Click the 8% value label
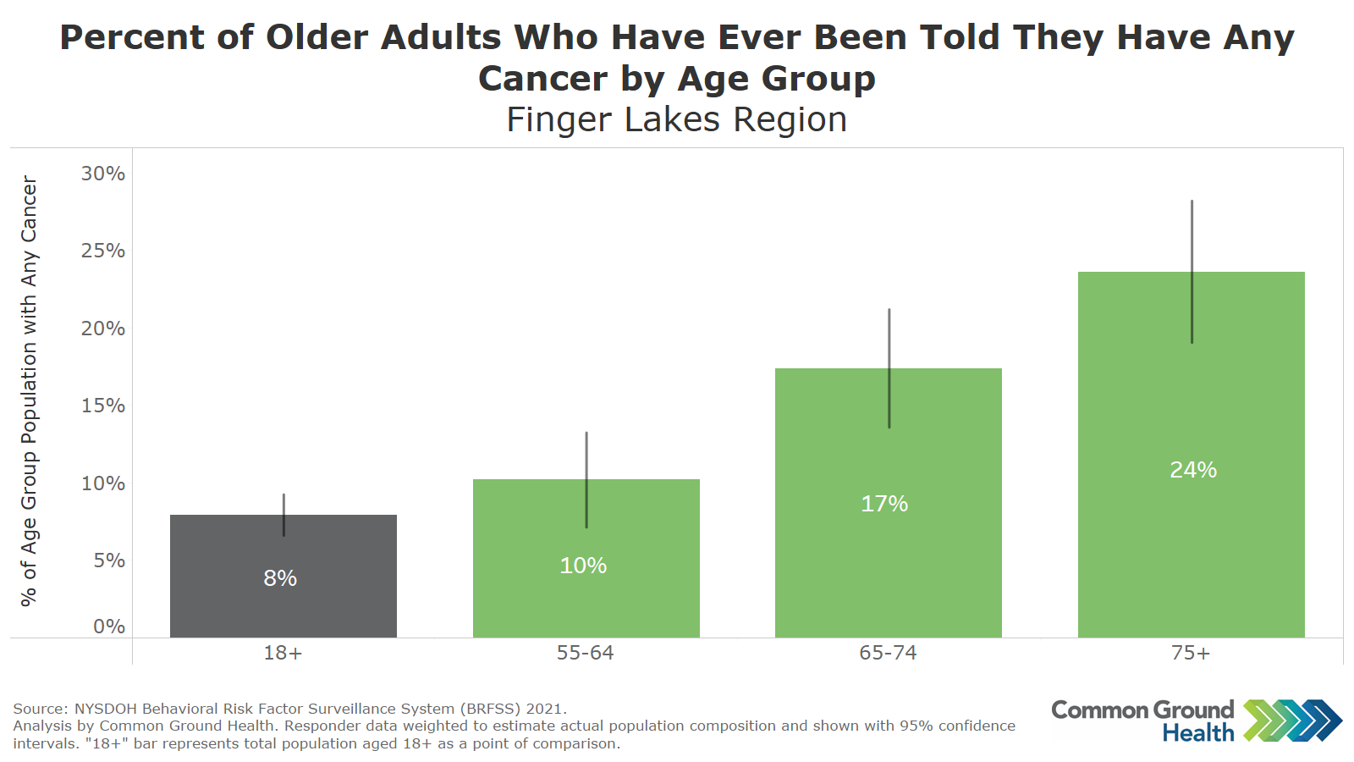(x=280, y=578)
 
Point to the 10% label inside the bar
(x=583, y=566)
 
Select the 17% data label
(x=884, y=504)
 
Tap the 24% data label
(x=1193, y=470)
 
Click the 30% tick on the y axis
(x=103, y=174)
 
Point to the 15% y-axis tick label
(x=103, y=406)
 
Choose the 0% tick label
(x=109, y=627)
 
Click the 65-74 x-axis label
(x=888, y=653)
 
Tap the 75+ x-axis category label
(x=1191, y=653)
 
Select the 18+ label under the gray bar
(x=283, y=653)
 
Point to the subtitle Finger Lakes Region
(x=677, y=119)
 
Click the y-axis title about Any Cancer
(x=29, y=391)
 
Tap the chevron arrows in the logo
(x=1292, y=721)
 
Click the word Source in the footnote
(x=39, y=709)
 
